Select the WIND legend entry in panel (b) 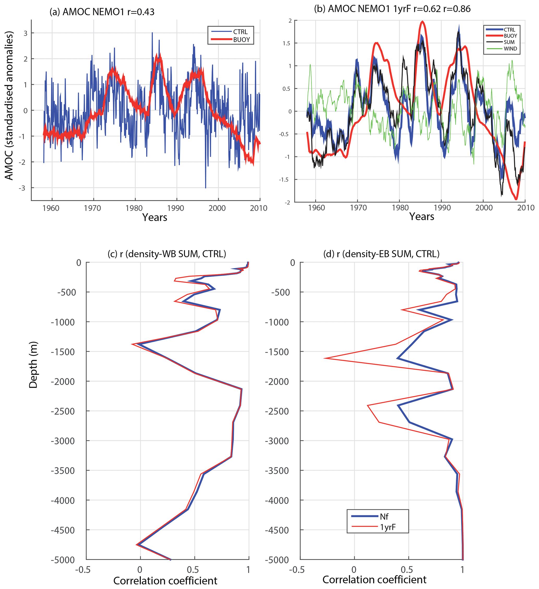(x=510, y=49)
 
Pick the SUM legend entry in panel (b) (x=509, y=42)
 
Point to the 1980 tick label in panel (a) (x=134, y=208)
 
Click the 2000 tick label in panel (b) (x=484, y=208)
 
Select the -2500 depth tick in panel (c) (x=63, y=411)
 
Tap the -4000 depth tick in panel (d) (x=277, y=501)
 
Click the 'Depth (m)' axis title (x=33, y=365)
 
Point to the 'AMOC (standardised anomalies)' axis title (x=9, y=105)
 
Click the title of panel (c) (x=167, y=254)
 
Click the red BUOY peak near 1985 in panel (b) (x=422, y=21)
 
